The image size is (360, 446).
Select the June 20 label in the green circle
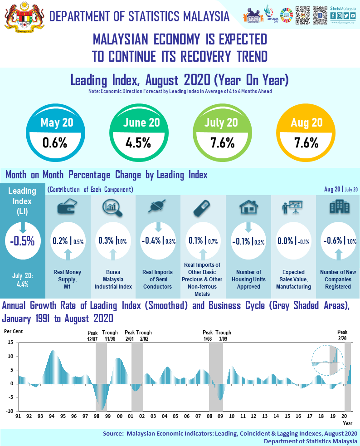pyautogui.click(x=141, y=123)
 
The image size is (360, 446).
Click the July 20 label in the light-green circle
pyautogui.click(x=221, y=123)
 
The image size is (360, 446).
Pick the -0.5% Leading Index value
pyautogui.click(x=22, y=241)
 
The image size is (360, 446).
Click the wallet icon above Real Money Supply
pyautogui.click(x=67, y=208)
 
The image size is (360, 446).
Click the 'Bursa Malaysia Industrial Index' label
pyautogui.click(x=113, y=279)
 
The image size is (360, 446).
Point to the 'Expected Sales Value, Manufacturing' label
pyautogui.click(x=293, y=279)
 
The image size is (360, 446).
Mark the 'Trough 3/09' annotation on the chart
pyautogui.click(x=223, y=335)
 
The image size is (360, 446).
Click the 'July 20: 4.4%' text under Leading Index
pyautogui.click(x=22, y=280)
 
